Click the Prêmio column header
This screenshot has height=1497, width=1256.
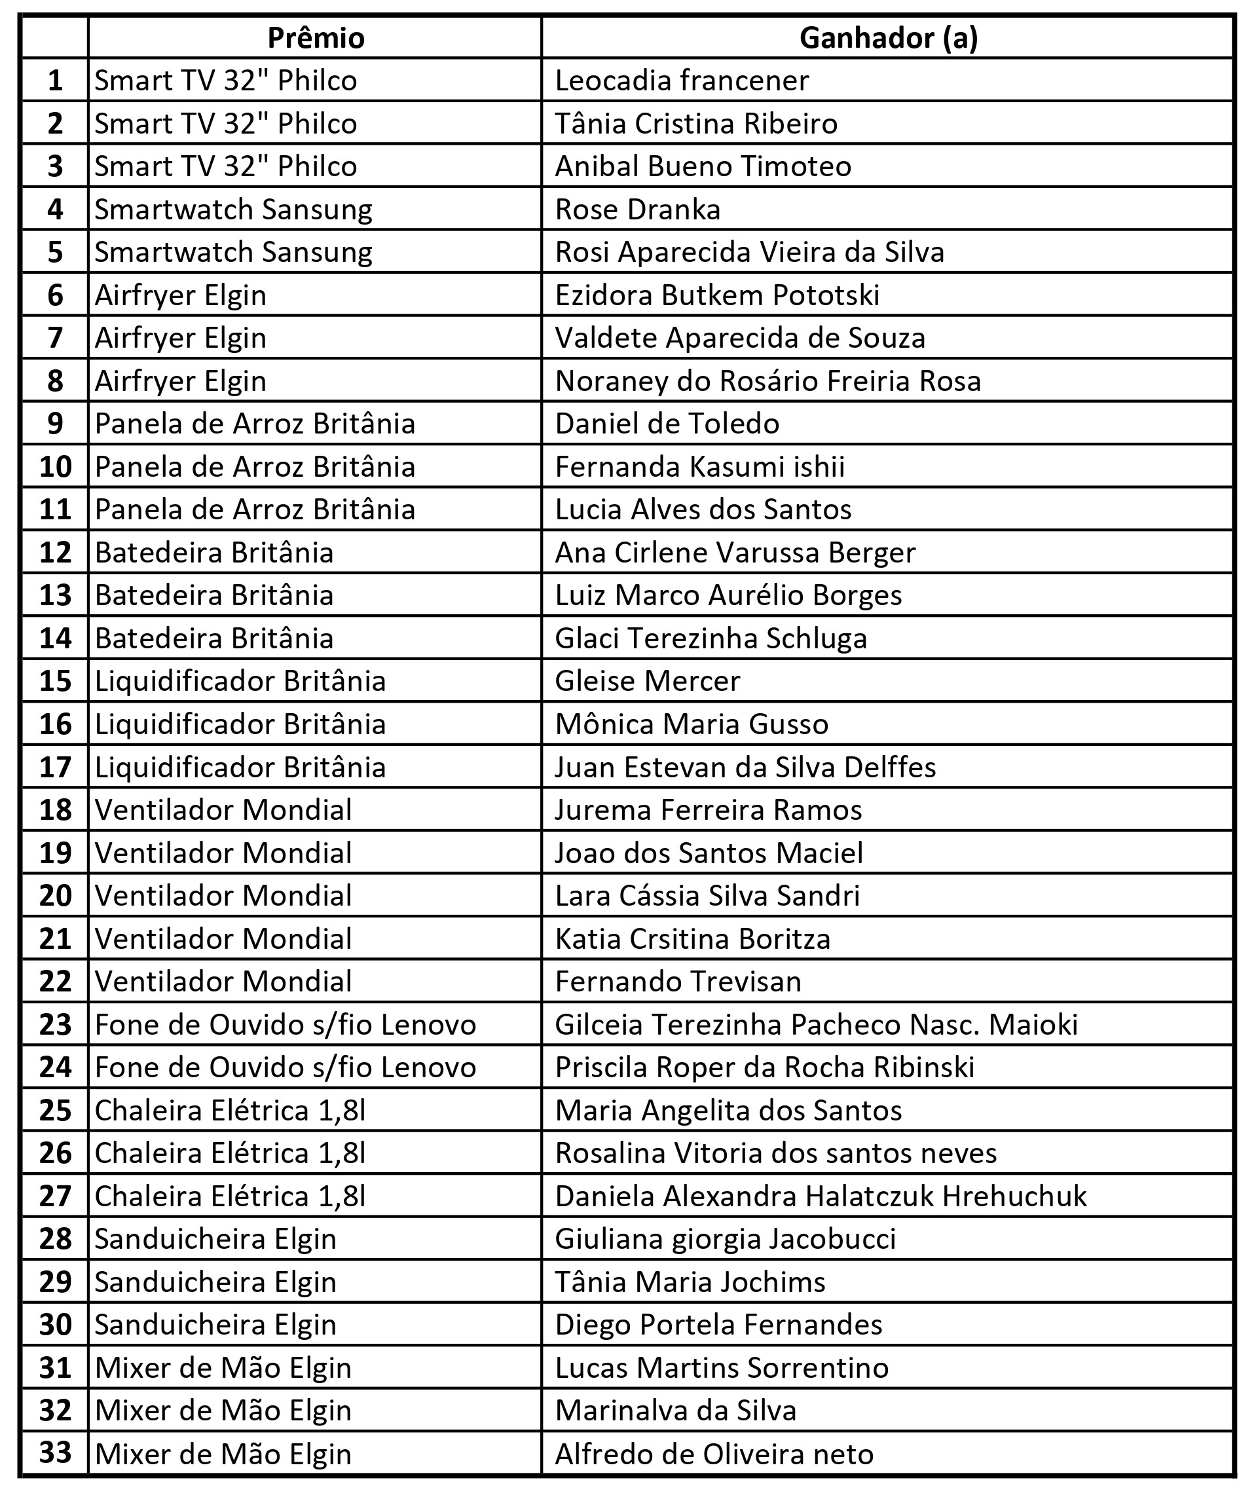coord(315,38)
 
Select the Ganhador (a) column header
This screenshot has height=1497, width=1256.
coord(888,38)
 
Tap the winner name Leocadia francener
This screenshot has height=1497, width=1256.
coord(682,81)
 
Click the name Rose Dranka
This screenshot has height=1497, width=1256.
coord(637,210)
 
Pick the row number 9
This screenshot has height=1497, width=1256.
coord(56,424)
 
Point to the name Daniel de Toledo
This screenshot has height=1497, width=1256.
coord(667,424)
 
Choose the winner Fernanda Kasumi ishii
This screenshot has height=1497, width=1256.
coord(699,467)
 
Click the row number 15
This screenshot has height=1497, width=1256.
coord(56,682)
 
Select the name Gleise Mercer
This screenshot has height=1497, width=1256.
coord(647,682)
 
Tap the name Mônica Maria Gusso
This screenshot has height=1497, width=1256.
coord(692,724)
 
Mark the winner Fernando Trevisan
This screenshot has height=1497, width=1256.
coord(678,982)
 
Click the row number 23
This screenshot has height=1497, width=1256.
coord(56,1025)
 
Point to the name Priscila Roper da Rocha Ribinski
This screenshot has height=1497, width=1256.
coord(764,1068)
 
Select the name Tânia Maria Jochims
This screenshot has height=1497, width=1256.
coord(690,1282)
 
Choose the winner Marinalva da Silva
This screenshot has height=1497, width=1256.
coord(675,1411)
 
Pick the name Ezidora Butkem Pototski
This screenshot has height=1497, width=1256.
coord(717,295)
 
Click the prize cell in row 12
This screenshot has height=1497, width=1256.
coord(214,553)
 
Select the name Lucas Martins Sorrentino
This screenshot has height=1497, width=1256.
coord(722,1368)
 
